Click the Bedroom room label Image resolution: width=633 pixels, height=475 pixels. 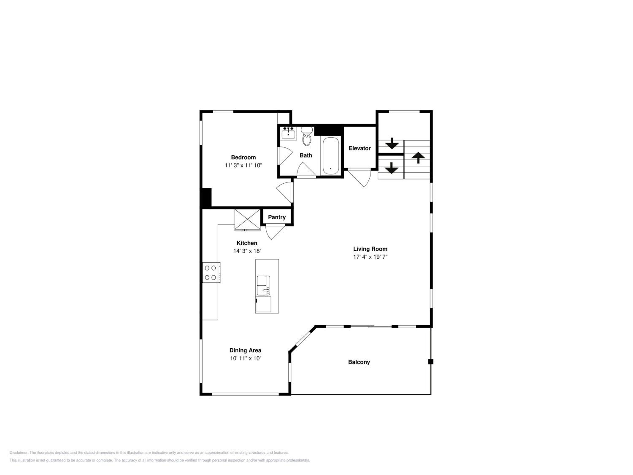click(243, 157)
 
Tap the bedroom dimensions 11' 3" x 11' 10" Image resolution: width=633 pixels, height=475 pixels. click(243, 165)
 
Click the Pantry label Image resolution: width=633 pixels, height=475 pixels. click(277, 217)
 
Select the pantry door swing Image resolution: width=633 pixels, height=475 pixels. click(275, 232)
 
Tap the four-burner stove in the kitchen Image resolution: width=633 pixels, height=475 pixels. click(211, 273)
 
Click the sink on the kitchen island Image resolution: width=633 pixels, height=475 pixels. click(263, 285)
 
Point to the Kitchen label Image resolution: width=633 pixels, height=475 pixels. click(247, 243)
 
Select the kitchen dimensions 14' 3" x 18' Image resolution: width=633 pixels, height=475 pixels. click(247, 251)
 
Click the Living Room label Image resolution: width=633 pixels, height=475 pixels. click(370, 249)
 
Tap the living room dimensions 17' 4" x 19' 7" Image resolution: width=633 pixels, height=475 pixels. click(370, 257)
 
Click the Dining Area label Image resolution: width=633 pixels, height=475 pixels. click(245, 350)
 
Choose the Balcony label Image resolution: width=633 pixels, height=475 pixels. click(359, 362)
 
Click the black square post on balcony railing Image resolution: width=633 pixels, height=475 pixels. click(431, 362)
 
